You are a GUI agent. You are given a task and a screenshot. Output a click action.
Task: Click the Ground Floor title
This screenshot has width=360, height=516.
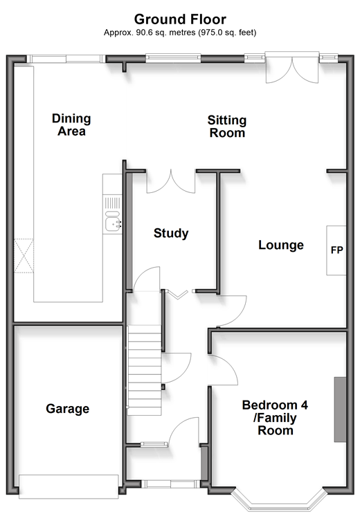pyautogui.click(x=180, y=19)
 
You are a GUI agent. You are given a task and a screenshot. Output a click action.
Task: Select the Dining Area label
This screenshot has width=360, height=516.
pyautogui.click(x=71, y=125)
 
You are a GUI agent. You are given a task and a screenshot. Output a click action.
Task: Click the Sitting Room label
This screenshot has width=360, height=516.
pyautogui.click(x=227, y=127)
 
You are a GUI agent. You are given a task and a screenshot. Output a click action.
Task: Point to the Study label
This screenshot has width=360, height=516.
pyautogui.click(x=171, y=233)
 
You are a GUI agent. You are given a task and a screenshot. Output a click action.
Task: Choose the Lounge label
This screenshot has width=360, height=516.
pyautogui.click(x=281, y=245)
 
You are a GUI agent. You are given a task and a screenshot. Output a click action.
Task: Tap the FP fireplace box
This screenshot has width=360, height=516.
pyautogui.click(x=336, y=250)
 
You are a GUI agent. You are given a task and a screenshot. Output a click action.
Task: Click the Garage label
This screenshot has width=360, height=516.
pyautogui.click(x=68, y=409)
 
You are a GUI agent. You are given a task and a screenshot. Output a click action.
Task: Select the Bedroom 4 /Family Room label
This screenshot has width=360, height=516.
pyautogui.click(x=275, y=418)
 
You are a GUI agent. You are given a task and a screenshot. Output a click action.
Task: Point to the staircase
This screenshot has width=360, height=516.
pyautogui.click(x=144, y=369)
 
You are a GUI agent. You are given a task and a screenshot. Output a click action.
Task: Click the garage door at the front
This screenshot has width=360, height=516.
pyautogui.click(x=69, y=487)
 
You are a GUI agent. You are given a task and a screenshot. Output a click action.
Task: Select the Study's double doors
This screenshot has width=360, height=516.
pyautogui.click(x=171, y=182)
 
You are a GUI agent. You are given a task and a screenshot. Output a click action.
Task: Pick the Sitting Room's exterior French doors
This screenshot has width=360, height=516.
pyautogui.click(x=292, y=68)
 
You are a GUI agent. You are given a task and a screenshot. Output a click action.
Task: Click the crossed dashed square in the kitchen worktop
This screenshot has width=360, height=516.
pyautogui.click(x=24, y=256)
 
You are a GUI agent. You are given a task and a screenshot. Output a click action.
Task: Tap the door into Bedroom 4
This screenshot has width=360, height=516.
pyautogui.click(x=223, y=370)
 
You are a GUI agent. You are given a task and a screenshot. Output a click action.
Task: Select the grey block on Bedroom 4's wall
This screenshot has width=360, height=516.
pyautogui.click(x=340, y=409)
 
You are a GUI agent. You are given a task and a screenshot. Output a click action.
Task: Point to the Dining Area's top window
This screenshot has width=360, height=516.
pyautogui.click(x=66, y=59)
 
